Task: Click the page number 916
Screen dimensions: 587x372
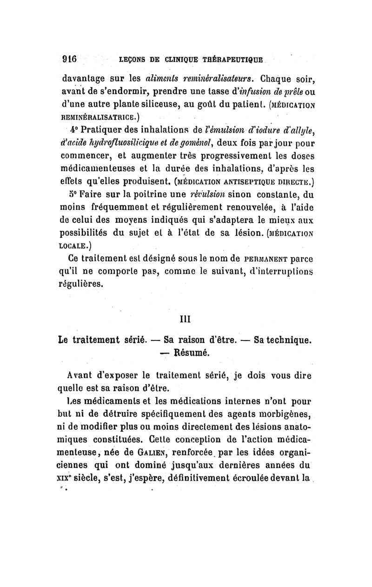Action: tap(72, 60)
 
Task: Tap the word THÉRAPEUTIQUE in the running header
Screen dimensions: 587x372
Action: tap(239, 60)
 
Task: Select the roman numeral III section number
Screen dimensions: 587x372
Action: tap(186, 319)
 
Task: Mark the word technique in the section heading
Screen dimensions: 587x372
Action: tap(284, 340)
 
